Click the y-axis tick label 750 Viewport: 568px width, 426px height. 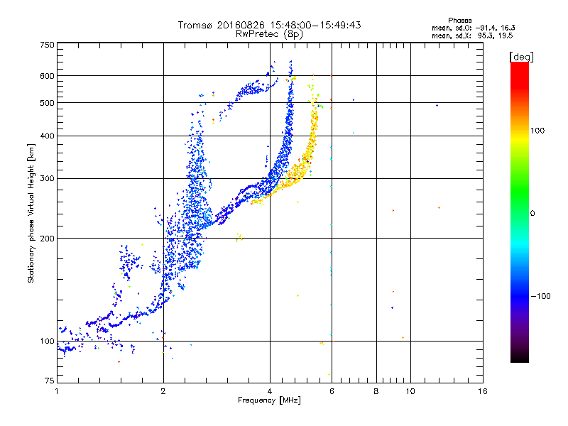(x=47, y=44)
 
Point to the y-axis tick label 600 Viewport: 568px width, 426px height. (x=47, y=76)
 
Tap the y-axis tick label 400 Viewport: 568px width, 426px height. (x=47, y=136)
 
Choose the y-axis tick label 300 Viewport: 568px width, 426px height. (x=47, y=178)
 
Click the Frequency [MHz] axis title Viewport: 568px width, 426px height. (x=270, y=401)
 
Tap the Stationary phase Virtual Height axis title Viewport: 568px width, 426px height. (x=31, y=213)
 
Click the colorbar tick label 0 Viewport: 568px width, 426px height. (x=533, y=213)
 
